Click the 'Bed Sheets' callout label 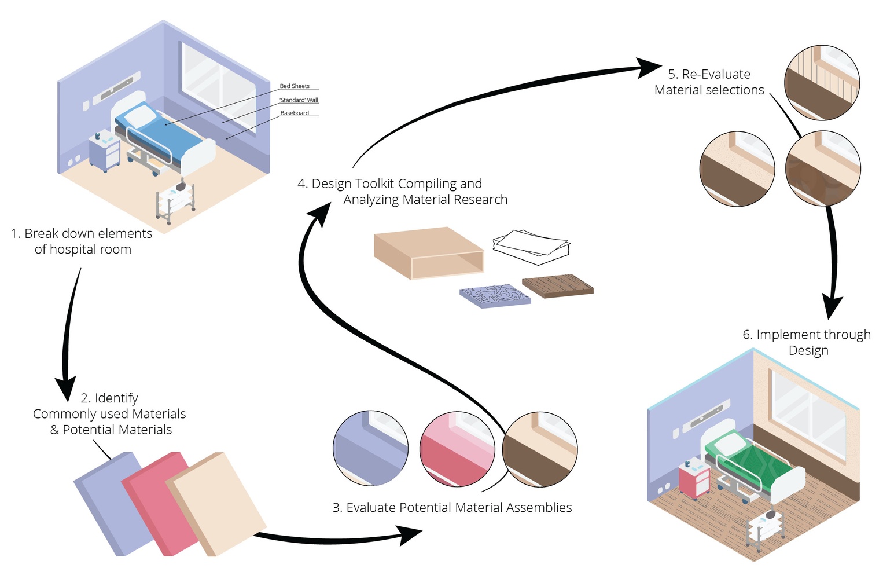click(295, 86)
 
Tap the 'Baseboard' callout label click(295, 113)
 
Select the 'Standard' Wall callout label click(299, 100)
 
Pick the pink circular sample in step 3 click(457, 449)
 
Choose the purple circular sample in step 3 click(371, 449)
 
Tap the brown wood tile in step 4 click(558, 286)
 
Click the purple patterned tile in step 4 click(495, 295)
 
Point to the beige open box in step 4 click(428, 253)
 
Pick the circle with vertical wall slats click(822, 83)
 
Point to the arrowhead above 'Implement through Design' click(832, 306)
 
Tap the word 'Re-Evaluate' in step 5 click(716, 75)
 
